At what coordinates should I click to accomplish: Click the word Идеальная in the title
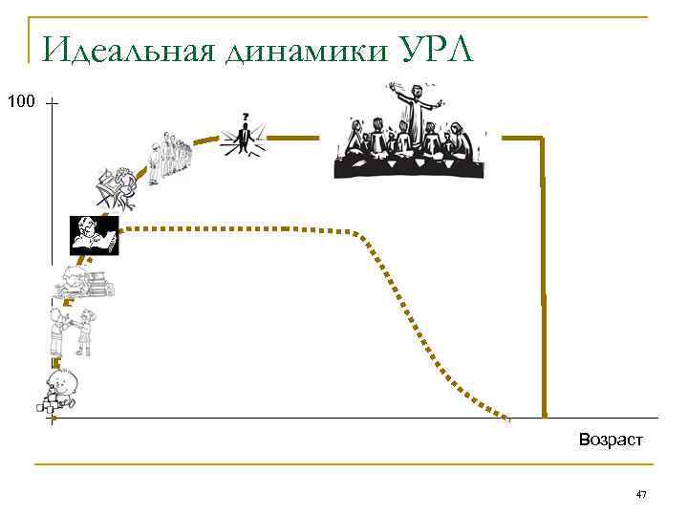coord(124,48)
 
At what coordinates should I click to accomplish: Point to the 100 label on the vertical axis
coord(20,100)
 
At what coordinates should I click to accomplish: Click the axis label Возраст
coord(611,440)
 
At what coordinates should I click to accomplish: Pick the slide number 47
coord(641,494)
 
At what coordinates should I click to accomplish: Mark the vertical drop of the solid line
coord(543,287)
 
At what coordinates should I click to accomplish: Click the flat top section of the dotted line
coord(239,229)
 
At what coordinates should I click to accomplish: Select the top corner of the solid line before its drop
coord(541,139)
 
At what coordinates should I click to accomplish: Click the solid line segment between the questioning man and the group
coord(298,138)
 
